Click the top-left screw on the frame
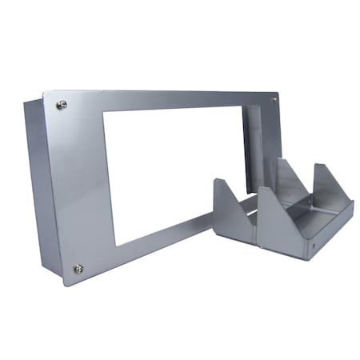(62, 105)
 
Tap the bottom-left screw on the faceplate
(78, 268)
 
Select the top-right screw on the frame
(274, 100)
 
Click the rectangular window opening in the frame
(172, 172)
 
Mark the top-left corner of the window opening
(104, 110)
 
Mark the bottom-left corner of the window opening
(116, 245)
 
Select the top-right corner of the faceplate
(279, 92)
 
